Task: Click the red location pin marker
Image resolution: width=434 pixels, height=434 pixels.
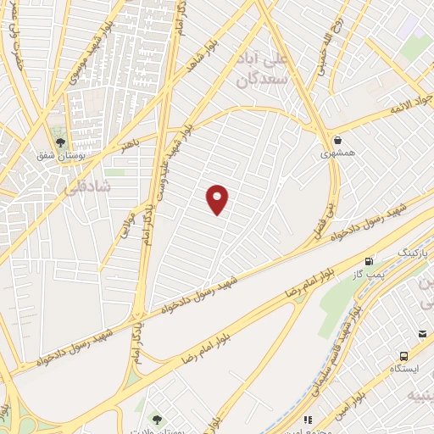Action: click(x=218, y=199)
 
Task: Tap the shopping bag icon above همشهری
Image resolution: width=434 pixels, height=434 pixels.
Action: click(x=337, y=140)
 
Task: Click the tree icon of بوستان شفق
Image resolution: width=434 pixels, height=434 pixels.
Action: click(x=59, y=142)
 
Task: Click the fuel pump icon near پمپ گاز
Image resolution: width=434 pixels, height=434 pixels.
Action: click(x=368, y=262)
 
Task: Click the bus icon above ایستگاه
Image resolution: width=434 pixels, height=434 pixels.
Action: click(x=403, y=356)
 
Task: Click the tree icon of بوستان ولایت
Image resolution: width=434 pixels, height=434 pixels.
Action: click(x=155, y=419)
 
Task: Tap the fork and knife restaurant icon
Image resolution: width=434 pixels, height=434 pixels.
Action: click(x=308, y=419)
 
